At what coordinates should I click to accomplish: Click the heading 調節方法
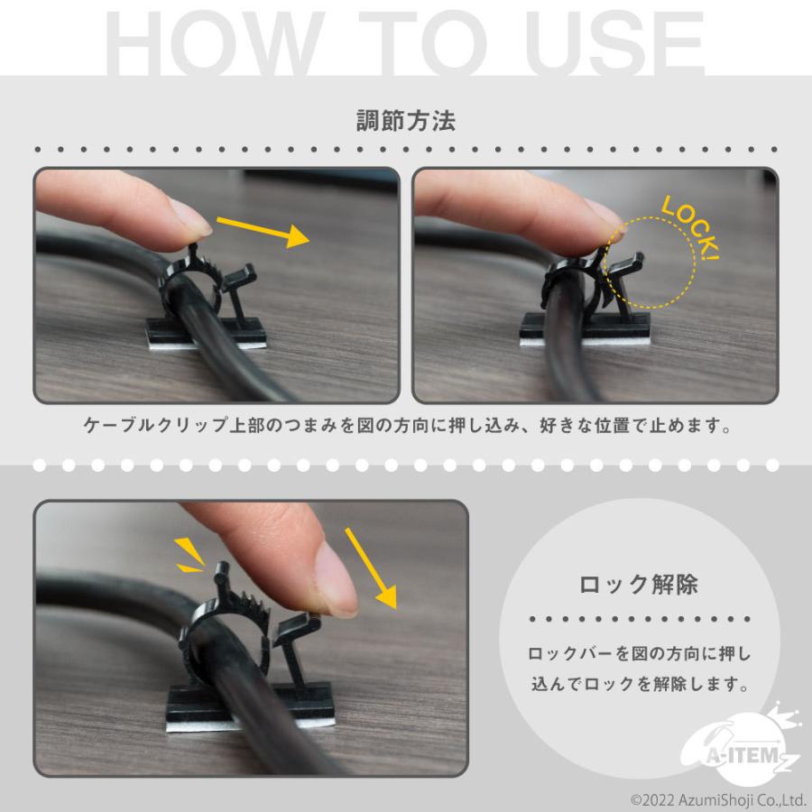pyautogui.click(x=406, y=121)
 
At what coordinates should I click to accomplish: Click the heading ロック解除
pyautogui.click(x=639, y=585)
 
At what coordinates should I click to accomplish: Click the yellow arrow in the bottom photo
pyautogui.click(x=371, y=568)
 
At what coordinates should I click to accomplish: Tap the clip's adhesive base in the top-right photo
pyautogui.click(x=585, y=329)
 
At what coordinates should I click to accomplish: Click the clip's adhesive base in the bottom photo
pyautogui.click(x=250, y=707)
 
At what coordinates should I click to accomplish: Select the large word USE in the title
pyautogui.click(x=615, y=42)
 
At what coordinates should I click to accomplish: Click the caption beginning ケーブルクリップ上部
pyautogui.click(x=408, y=425)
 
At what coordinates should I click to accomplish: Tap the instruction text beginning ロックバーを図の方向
pyautogui.click(x=640, y=669)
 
